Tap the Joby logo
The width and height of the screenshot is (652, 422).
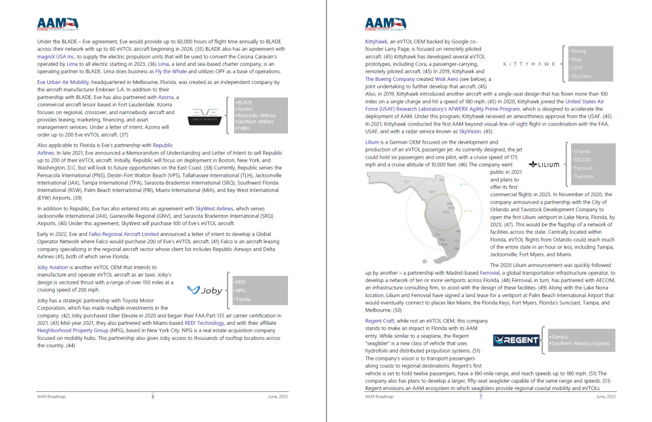(205, 290)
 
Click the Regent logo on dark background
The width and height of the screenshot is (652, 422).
(516, 340)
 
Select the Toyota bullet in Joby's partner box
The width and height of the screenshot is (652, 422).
(243, 299)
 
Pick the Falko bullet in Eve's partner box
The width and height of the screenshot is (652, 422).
(244, 129)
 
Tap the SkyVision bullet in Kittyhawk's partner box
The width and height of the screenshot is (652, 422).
(581, 77)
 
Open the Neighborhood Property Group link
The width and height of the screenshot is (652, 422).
(72, 331)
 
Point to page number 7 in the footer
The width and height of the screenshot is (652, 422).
(481, 397)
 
